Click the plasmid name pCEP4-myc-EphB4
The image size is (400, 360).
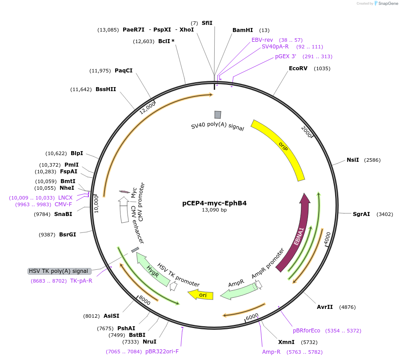click(214, 203)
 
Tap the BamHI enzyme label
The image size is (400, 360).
click(243, 30)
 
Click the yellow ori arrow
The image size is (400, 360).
click(201, 294)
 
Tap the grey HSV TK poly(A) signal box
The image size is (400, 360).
click(60, 271)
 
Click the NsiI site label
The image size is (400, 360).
click(353, 160)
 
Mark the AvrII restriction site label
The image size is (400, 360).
click(325, 307)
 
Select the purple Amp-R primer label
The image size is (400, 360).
click(271, 352)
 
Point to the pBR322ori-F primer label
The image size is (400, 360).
click(162, 352)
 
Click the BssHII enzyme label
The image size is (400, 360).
click(106, 89)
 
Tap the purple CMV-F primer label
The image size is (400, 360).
click(63, 204)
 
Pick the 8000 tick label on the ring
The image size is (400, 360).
click(145, 301)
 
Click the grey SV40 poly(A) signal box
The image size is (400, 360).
click(218, 115)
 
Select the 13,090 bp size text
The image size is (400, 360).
click(214, 210)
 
